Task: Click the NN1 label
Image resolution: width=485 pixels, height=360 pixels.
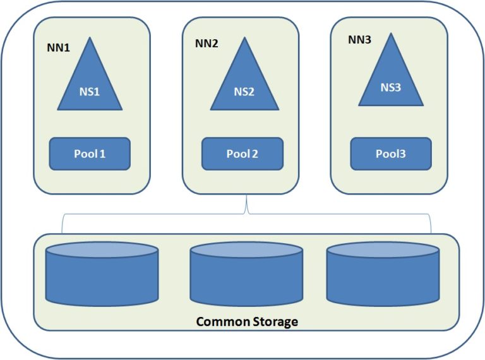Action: click(57, 47)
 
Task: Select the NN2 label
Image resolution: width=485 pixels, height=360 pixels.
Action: click(207, 44)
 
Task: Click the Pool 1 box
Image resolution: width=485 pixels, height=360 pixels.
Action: click(90, 153)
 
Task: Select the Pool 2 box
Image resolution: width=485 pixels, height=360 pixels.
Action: click(242, 154)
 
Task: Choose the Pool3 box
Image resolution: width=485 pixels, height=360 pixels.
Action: click(391, 153)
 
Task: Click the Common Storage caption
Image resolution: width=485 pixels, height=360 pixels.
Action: click(247, 321)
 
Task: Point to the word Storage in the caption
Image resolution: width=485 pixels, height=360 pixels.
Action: click(272, 321)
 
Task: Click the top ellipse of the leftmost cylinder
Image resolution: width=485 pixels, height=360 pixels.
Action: click(102, 250)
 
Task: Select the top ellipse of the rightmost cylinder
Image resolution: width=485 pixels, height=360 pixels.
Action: click(383, 250)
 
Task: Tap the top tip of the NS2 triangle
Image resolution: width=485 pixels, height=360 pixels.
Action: click(244, 40)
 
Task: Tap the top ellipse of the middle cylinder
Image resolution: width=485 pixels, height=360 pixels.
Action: click(246, 250)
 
